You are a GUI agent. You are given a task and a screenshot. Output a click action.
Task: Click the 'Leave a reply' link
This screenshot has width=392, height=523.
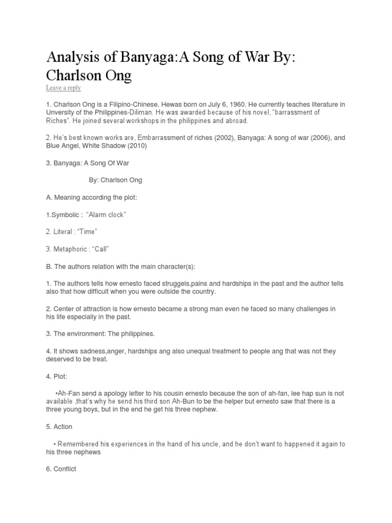tap(63, 88)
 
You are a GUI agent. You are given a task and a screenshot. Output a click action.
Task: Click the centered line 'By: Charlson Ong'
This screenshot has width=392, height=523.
tap(115, 180)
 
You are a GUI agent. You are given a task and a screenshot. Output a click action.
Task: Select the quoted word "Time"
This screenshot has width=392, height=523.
tap(87, 232)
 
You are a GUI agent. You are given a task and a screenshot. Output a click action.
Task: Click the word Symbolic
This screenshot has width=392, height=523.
tap(67, 215)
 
